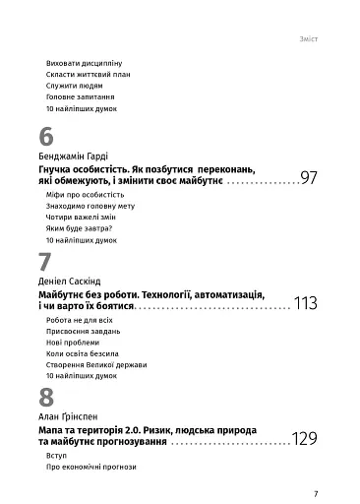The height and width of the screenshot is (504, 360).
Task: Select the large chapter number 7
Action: pyautogui.click(x=45, y=263)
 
